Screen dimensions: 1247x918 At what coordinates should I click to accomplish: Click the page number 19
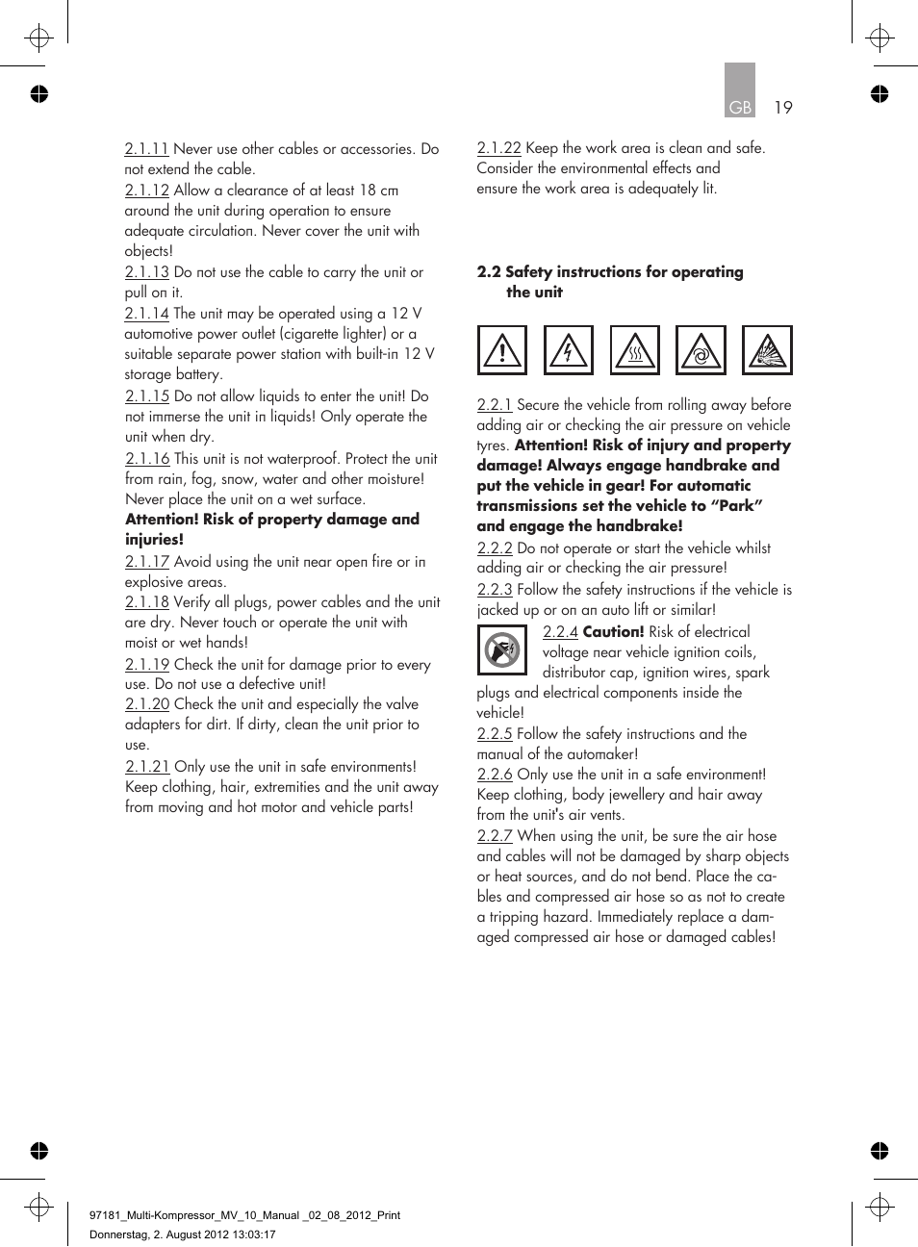(783, 108)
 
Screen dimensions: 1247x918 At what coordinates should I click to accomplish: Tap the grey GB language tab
(740, 92)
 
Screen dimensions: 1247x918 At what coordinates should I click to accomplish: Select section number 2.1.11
(146, 149)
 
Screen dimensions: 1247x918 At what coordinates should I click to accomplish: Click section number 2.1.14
(146, 314)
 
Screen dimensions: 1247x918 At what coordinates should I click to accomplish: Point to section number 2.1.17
(147, 562)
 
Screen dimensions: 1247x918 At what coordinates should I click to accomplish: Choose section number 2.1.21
(147, 767)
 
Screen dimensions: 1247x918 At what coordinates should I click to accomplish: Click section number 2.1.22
(498, 148)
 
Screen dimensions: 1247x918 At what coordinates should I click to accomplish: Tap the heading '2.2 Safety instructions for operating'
(610, 272)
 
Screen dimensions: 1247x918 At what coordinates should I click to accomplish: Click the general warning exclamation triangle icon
(502, 350)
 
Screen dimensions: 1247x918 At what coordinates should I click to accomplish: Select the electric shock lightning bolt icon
(569, 350)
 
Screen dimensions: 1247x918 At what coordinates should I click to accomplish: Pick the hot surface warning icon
(635, 350)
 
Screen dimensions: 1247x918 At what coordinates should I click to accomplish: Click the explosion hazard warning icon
(767, 350)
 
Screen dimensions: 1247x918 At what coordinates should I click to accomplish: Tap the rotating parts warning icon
(701, 350)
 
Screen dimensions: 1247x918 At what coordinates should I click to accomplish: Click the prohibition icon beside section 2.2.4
(502, 650)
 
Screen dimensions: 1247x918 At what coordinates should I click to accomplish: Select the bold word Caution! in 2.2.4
(613, 632)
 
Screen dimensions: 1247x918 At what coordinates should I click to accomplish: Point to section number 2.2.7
(495, 836)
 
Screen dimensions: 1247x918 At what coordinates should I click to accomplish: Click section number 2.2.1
(495, 405)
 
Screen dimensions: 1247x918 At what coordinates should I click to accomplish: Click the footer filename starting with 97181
(244, 1215)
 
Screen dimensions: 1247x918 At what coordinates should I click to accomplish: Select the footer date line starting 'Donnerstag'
(183, 1234)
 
